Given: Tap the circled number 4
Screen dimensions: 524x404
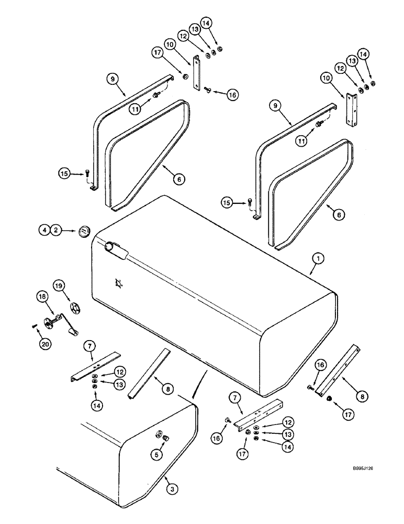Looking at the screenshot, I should pos(45,230).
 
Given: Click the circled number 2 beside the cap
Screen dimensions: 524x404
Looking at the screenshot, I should pos(57,230).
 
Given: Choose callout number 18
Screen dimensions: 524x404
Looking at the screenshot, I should pos(41,297).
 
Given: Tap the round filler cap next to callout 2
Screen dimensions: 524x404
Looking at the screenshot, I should pos(82,232).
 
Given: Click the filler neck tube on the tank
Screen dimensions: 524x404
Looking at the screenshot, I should pos(116,249).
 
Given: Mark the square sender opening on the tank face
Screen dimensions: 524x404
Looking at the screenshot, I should pos(119,283).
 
